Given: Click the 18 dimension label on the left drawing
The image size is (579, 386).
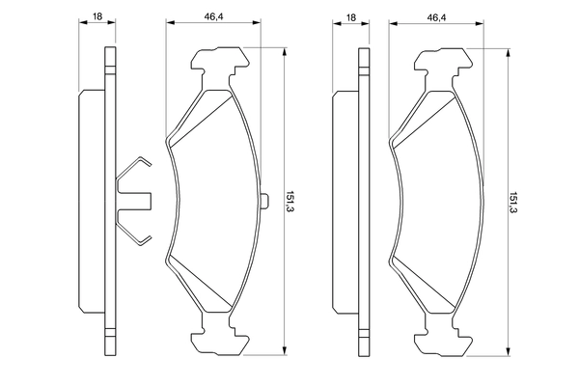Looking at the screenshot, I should point(97,17).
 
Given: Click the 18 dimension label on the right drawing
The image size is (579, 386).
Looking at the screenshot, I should point(349,17).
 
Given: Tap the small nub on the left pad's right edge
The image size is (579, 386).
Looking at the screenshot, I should point(264,201).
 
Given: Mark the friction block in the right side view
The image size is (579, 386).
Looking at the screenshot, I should point(344,201).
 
